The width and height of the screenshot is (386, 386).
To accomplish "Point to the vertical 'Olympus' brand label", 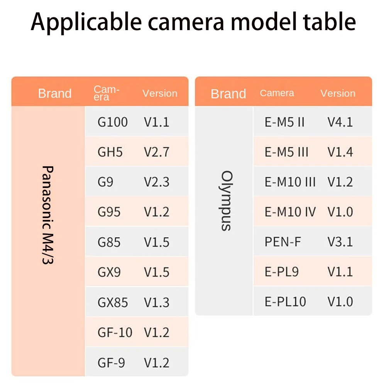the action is pyautogui.click(x=227, y=201).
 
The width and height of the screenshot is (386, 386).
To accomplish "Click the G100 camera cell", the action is pyautogui.click(x=112, y=122).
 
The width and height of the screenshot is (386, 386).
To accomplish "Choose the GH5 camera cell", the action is pyautogui.click(x=110, y=152).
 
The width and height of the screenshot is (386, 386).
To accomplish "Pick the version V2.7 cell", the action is pyautogui.click(x=157, y=152).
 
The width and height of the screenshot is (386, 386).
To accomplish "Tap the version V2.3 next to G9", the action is pyautogui.click(x=157, y=182).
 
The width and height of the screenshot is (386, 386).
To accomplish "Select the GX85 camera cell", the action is pyautogui.click(x=112, y=302).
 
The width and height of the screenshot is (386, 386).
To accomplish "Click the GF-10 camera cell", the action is pyautogui.click(x=115, y=332).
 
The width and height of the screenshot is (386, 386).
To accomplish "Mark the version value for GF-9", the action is pyautogui.click(x=157, y=362).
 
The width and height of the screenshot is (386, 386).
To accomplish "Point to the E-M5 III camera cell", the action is pyautogui.click(x=286, y=152).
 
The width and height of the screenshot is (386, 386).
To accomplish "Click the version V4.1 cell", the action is pyautogui.click(x=340, y=122).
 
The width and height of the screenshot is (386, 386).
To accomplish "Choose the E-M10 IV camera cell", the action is pyautogui.click(x=290, y=212).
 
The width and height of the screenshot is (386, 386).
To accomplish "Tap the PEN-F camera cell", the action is pyautogui.click(x=283, y=242).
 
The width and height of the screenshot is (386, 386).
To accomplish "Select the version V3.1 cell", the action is pyautogui.click(x=340, y=242).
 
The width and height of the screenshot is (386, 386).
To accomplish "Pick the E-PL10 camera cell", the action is pyautogui.click(x=285, y=301).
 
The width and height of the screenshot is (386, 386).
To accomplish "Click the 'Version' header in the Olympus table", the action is pyautogui.click(x=338, y=93).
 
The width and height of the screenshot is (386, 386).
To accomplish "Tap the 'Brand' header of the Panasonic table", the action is pyautogui.click(x=55, y=93).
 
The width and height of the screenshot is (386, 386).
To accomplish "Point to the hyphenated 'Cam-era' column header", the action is pyautogui.click(x=106, y=93).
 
